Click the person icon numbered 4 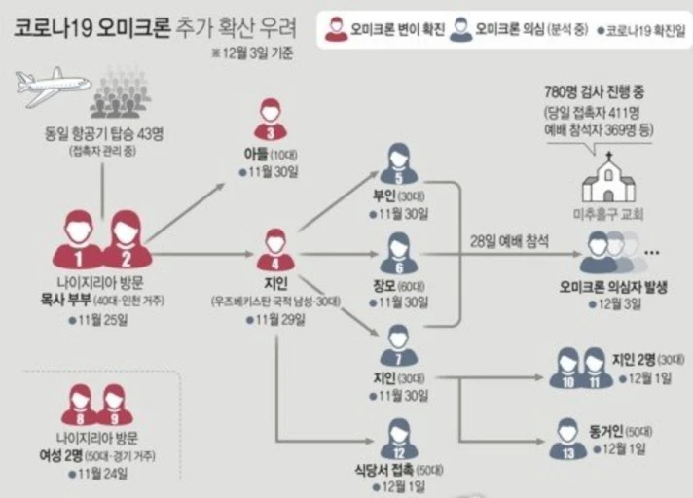275,249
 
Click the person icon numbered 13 567,438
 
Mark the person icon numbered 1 78,240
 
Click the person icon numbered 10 566,368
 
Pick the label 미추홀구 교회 608,213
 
